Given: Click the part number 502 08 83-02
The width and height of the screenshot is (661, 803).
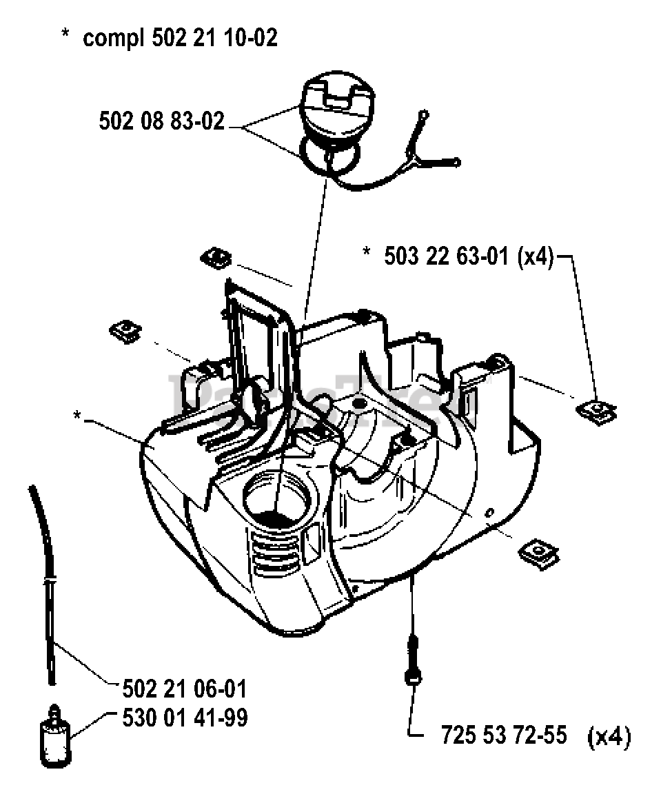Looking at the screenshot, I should point(162,122).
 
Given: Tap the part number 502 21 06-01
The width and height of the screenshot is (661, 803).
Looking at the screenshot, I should point(184,689).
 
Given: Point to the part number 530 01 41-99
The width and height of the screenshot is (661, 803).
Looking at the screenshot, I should point(184,718).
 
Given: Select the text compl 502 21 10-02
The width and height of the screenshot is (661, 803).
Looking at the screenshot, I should point(180,38).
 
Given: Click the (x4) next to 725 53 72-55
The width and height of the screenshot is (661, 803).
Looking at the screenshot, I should point(609,738).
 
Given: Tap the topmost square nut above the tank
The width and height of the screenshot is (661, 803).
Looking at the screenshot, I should point(216,259).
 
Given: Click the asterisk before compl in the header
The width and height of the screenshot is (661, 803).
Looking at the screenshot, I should point(66,36).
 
